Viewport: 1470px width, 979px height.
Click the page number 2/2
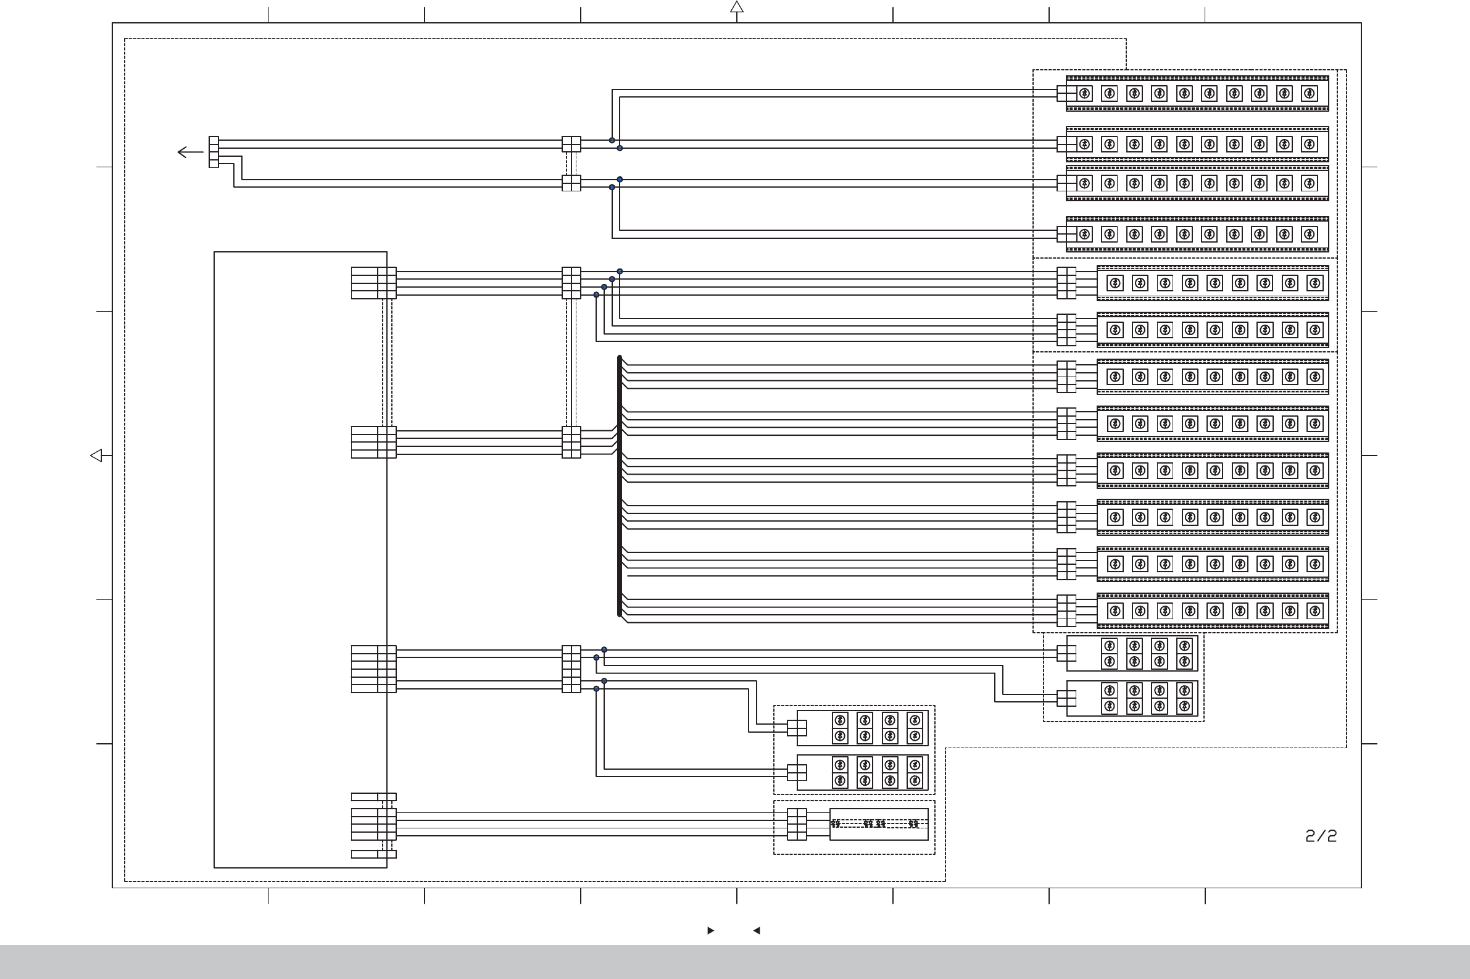click(1321, 836)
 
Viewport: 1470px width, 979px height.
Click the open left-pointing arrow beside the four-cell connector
click(189, 152)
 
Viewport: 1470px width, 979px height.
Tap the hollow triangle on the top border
click(737, 7)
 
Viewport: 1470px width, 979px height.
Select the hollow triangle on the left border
click(96, 456)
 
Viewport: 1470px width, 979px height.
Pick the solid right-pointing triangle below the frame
click(710, 930)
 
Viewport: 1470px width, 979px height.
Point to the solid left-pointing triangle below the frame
click(757, 930)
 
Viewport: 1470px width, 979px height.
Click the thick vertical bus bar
click(619, 486)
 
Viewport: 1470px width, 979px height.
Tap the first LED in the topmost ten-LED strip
click(1084, 94)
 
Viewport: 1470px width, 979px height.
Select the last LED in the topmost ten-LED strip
click(1309, 94)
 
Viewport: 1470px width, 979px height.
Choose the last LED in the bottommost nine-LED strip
click(1314, 610)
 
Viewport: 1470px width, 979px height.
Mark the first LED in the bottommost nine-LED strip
click(1115, 610)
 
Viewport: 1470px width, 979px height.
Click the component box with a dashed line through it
click(878, 824)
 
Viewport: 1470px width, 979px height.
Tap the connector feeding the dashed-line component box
click(797, 824)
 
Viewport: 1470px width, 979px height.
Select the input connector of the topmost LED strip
click(1066, 94)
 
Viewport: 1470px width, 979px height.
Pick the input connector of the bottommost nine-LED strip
click(1066, 610)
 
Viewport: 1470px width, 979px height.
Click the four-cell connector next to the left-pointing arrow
click(214, 152)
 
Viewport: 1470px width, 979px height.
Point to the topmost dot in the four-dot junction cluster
click(619, 272)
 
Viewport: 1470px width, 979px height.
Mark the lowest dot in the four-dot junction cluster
click(596, 294)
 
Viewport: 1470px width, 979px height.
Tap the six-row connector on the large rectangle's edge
click(373, 669)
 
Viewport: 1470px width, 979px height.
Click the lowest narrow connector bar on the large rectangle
click(373, 854)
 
